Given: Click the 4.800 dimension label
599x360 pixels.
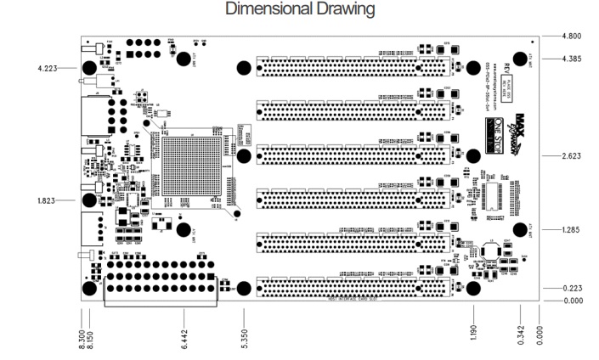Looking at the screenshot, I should (x=574, y=37).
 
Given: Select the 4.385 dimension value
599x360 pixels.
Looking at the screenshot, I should (x=574, y=59).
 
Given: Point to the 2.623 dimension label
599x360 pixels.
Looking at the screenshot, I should (x=574, y=156).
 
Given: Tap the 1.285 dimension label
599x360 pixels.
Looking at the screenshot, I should (x=574, y=230).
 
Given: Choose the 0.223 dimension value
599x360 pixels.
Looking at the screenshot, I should (x=574, y=289).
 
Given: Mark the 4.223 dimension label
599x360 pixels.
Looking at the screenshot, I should (x=38, y=68).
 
